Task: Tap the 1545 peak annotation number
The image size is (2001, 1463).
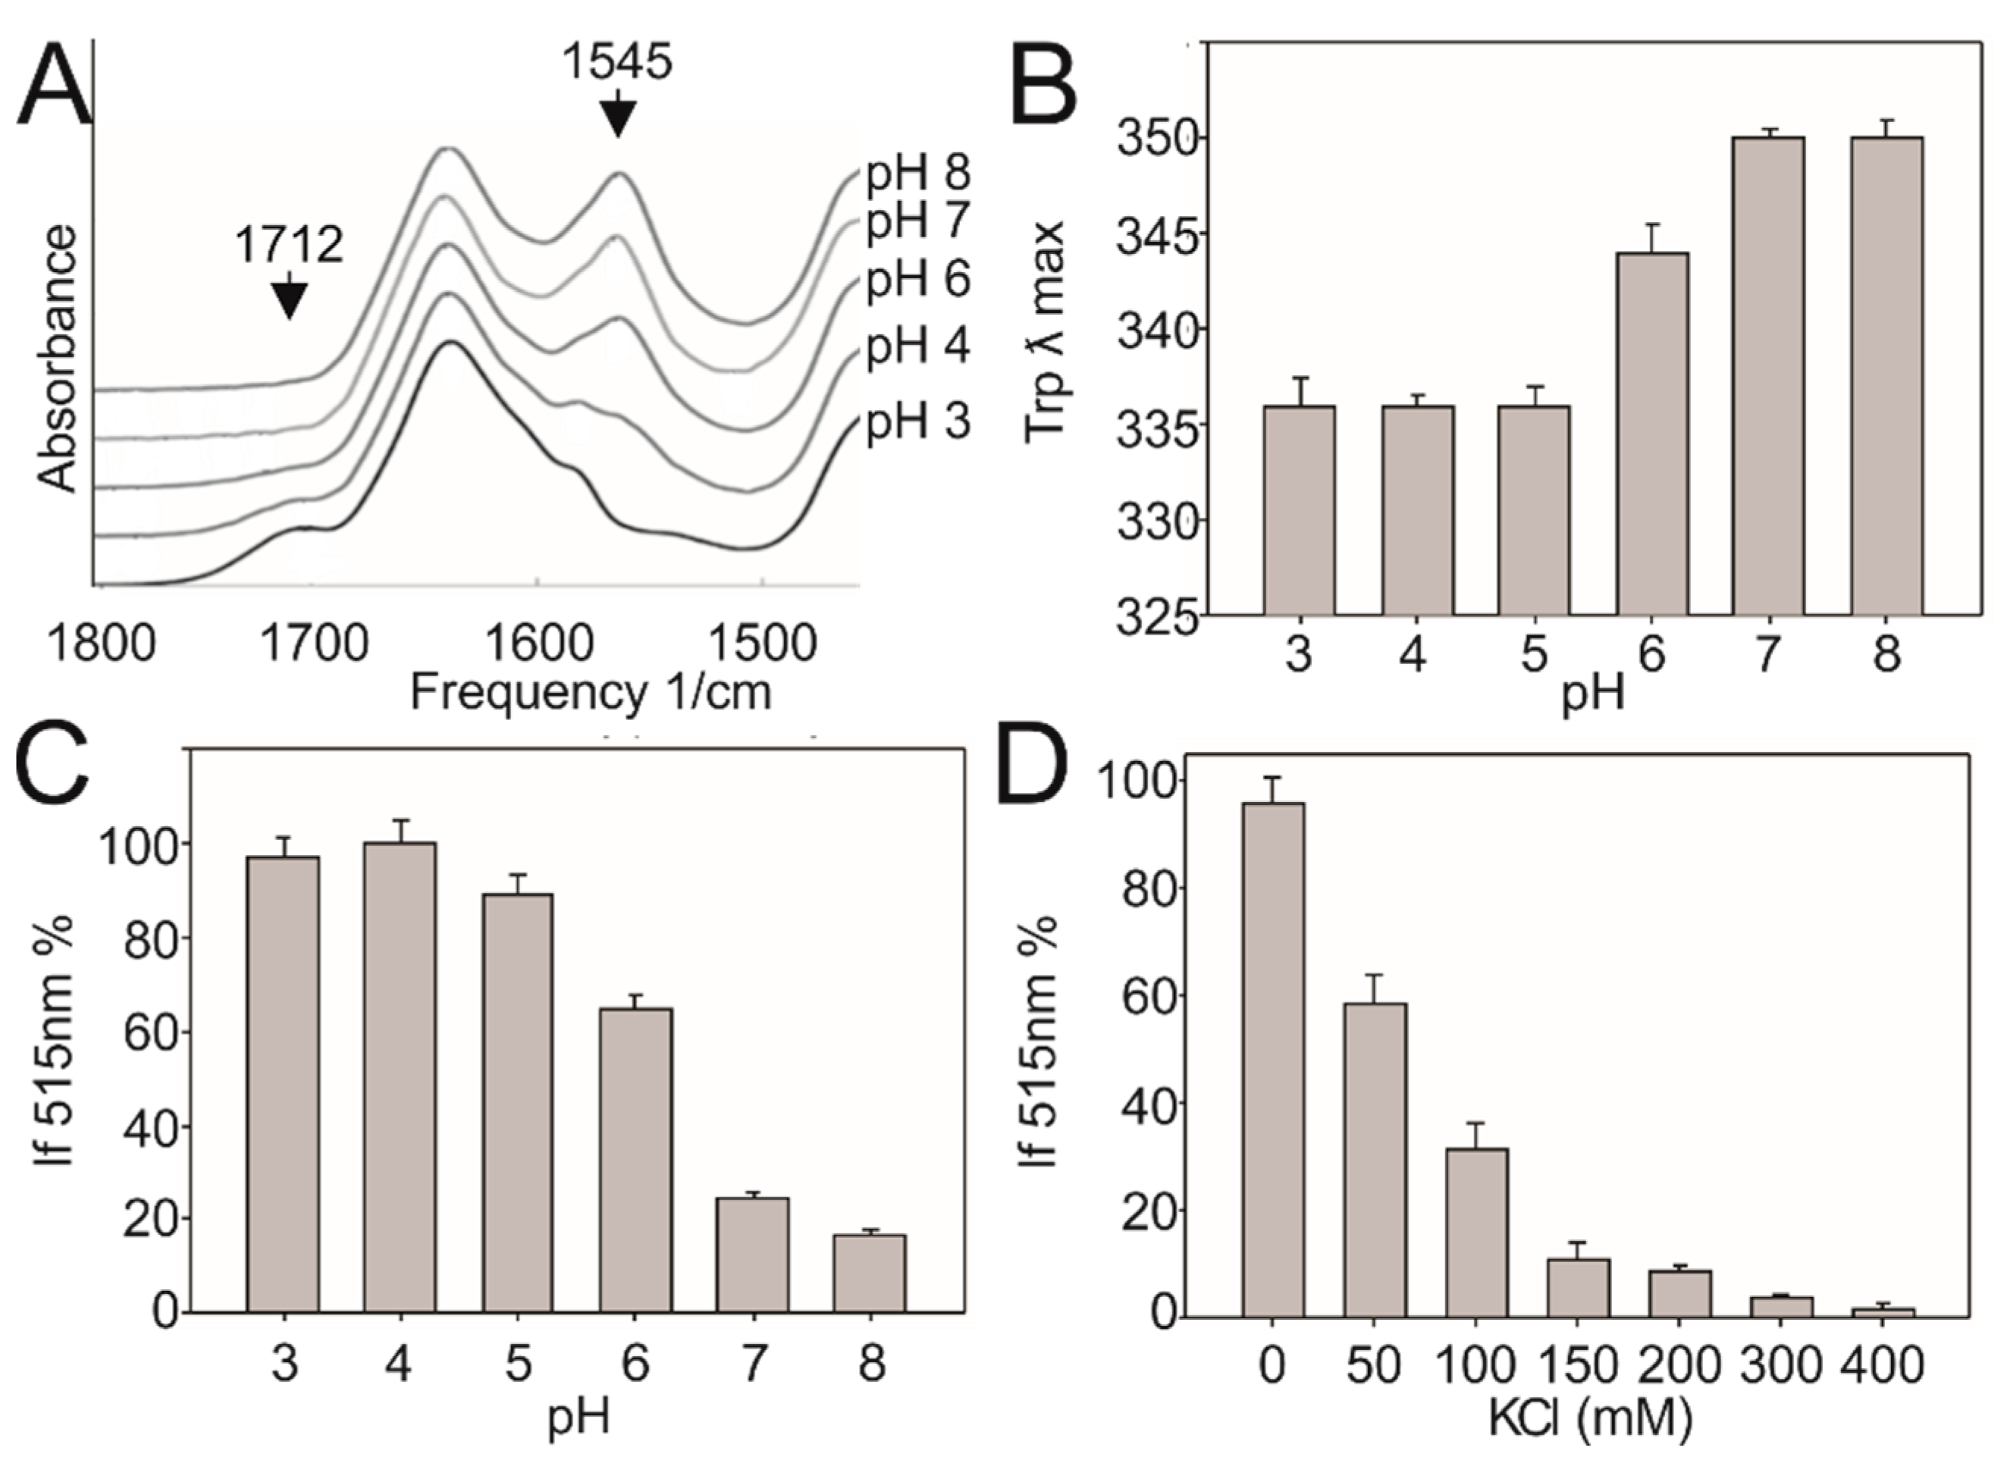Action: coord(618,62)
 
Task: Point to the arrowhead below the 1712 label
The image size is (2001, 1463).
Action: coord(289,301)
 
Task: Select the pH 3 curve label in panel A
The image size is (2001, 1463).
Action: coord(917,422)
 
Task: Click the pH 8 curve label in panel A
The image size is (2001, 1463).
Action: coord(917,174)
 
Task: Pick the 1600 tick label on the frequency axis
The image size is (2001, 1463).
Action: coord(538,644)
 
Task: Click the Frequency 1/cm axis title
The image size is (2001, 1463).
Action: coord(591,691)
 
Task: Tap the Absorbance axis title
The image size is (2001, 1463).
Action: coord(58,359)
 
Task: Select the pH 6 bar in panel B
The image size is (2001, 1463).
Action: coord(1652,434)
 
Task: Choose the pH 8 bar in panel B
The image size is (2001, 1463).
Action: coord(1886,377)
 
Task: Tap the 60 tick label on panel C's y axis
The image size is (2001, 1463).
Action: coord(148,1032)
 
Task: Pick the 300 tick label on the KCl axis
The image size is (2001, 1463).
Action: coord(1780,1364)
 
